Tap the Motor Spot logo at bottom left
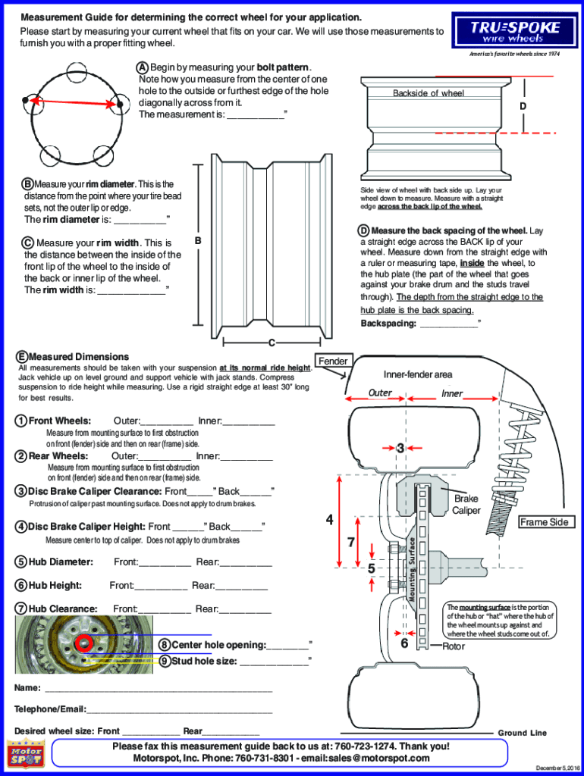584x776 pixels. click(x=26, y=756)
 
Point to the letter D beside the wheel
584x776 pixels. click(x=523, y=106)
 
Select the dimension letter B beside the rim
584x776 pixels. click(x=197, y=241)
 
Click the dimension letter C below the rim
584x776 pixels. click(x=271, y=343)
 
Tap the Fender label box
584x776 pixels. click(x=333, y=361)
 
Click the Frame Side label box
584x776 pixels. click(x=544, y=522)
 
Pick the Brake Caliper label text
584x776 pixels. click(x=466, y=505)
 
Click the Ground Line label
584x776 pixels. click(x=522, y=733)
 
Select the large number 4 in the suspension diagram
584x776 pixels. click(x=329, y=520)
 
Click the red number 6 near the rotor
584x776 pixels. click(x=404, y=643)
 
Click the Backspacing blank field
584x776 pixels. click(x=449, y=324)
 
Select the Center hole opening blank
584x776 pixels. click(x=287, y=645)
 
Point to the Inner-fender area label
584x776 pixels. click(x=418, y=374)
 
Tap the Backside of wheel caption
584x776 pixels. click(x=429, y=93)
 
